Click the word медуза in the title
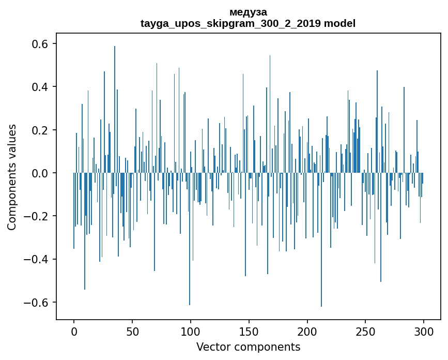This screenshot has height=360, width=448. point(248,11)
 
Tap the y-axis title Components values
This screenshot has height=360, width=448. point(11,177)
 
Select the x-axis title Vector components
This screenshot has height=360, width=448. point(248,347)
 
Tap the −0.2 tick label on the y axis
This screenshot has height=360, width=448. point(37,216)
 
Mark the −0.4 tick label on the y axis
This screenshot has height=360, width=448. point(37,259)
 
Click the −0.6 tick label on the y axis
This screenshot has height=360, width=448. point(37,302)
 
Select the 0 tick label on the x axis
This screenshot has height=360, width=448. point(74,331)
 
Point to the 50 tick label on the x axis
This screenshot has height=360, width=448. point(132,331)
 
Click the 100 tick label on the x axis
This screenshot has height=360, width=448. point(191,331)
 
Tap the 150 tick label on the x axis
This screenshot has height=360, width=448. point(249,331)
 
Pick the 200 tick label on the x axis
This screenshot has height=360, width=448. point(307,331)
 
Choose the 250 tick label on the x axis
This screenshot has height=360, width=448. point(366,331)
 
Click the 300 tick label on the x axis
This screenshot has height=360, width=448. point(424,331)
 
